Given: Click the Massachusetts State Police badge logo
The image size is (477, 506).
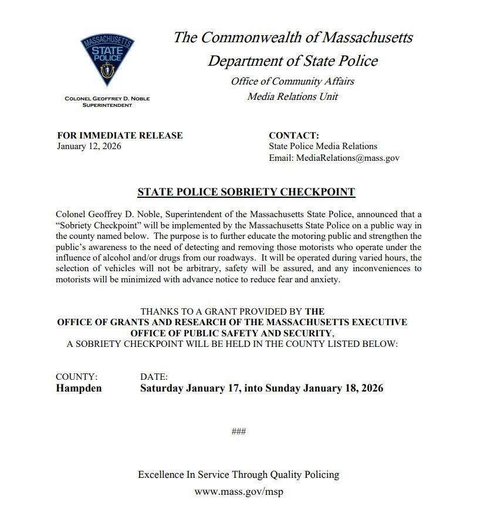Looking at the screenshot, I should tap(107, 60).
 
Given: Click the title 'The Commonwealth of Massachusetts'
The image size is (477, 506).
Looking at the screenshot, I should tap(293, 38).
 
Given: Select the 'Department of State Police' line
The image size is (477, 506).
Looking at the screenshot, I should tap(293, 60).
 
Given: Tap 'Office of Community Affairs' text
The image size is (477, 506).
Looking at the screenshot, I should tap(292, 81).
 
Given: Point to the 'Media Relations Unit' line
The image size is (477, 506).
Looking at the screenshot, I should tap(292, 96).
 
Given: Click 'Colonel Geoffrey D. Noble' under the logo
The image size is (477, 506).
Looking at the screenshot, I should tap(107, 99).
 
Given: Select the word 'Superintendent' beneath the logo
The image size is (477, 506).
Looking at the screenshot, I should tap(107, 105).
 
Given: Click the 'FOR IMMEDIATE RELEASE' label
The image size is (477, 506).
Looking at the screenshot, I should tap(120, 136).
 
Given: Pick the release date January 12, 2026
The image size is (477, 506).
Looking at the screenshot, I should tap(89, 146).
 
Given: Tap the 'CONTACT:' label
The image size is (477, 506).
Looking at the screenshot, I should tap(294, 136).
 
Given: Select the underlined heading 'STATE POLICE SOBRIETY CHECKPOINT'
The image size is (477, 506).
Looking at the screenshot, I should tap(246, 192).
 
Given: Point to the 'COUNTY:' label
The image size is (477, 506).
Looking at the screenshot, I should tap(76, 377).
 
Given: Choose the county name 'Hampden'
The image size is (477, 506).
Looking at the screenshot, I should tap(79, 389).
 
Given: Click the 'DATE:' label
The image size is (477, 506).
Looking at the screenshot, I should tap(154, 377).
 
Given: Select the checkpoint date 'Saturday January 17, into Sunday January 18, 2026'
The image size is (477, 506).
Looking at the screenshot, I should tap(262, 389).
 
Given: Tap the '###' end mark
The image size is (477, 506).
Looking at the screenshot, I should tap(238, 431).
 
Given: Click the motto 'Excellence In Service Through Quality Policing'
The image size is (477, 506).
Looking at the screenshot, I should tap(238, 474).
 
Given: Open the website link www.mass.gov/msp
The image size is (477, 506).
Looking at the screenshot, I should tap(238, 491).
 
